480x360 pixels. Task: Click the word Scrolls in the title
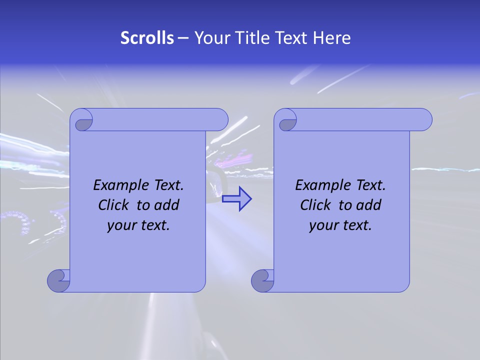click(x=147, y=38)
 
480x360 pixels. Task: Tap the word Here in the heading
click(x=332, y=38)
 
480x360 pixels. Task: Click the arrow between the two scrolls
click(x=236, y=199)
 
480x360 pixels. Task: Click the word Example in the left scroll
click(x=118, y=185)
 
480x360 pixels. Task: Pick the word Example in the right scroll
click(x=320, y=185)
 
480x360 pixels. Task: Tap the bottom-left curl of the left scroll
click(x=59, y=280)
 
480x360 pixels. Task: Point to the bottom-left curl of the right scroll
click(x=263, y=280)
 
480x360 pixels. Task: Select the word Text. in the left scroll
click(x=166, y=185)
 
